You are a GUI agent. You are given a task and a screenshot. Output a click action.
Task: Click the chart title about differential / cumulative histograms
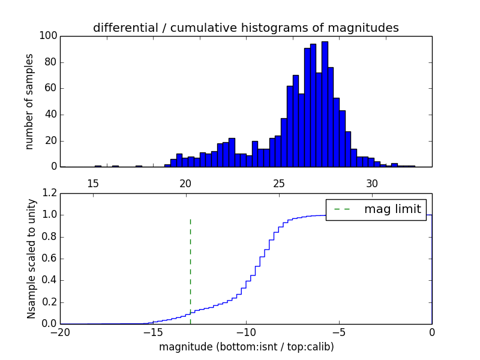click(245, 28)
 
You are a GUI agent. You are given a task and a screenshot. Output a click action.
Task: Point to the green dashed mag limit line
click(190, 270)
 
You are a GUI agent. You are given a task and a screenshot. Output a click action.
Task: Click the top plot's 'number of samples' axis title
click(29, 101)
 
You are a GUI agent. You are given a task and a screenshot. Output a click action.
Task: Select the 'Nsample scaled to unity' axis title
click(31, 259)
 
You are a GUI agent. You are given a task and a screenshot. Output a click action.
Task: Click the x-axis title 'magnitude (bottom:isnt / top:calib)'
click(246, 347)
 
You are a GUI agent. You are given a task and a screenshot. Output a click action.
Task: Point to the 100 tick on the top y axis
click(49, 36)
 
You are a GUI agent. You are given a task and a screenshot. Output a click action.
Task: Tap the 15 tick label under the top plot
click(93, 183)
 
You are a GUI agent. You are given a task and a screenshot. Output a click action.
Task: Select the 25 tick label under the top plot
click(279, 183)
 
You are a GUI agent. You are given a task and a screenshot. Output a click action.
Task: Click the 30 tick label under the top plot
click(372, 183)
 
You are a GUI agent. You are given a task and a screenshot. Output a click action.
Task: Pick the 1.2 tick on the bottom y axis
click(48, 193)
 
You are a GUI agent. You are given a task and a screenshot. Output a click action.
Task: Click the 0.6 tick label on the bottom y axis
click(48, 259)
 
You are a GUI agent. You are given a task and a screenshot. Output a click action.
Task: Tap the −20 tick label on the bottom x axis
click(60, 332)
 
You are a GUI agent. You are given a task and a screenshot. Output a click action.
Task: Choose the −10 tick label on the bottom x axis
click(245, 332)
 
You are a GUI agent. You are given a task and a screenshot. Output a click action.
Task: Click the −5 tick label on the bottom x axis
click(338, 332)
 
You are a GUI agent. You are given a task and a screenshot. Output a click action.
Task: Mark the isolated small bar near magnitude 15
click(98, 166)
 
